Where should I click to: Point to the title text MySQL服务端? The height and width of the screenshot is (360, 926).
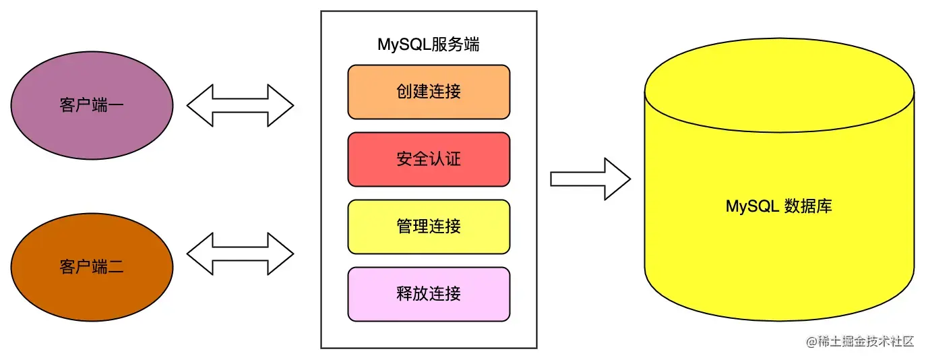click(x=429, y=45)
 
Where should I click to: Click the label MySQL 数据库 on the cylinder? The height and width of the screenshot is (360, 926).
click(x=778, y=206)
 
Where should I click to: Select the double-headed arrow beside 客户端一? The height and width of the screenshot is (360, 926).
click(x=240, y=106)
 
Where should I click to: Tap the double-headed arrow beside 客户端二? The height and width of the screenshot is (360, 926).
click(x=240, y=254)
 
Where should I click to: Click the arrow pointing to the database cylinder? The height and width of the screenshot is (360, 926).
click(x=590, y=179)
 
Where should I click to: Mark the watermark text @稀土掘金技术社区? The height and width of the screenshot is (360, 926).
click(x=860, y=341)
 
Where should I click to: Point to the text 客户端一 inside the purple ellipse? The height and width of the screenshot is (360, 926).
click(x=92, y=106)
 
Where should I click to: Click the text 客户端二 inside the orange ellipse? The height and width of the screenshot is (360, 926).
click(x=92, y=267)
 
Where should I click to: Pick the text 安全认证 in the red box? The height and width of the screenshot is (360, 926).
click(x=429, y=159)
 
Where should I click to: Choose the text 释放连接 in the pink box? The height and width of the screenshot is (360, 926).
click(x=429, y=294)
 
